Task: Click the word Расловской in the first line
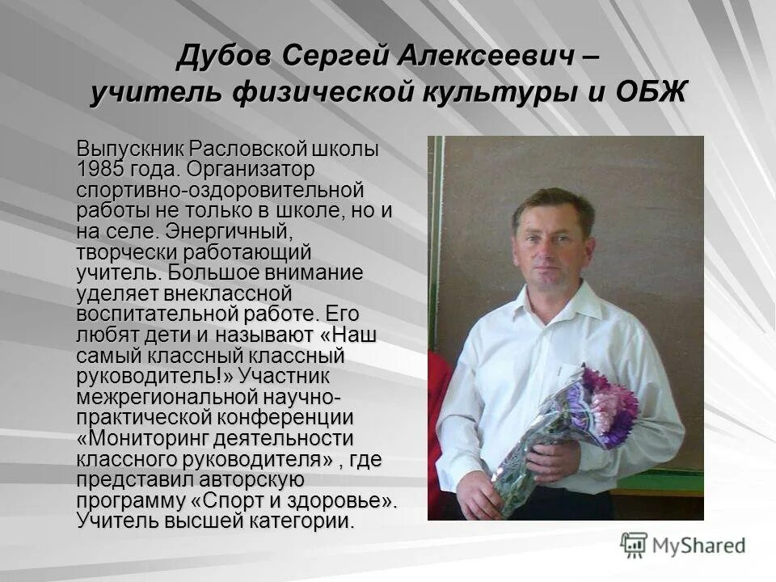coord(249,150)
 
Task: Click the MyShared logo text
coord(698,546)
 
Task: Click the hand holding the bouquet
coord(553,461)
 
